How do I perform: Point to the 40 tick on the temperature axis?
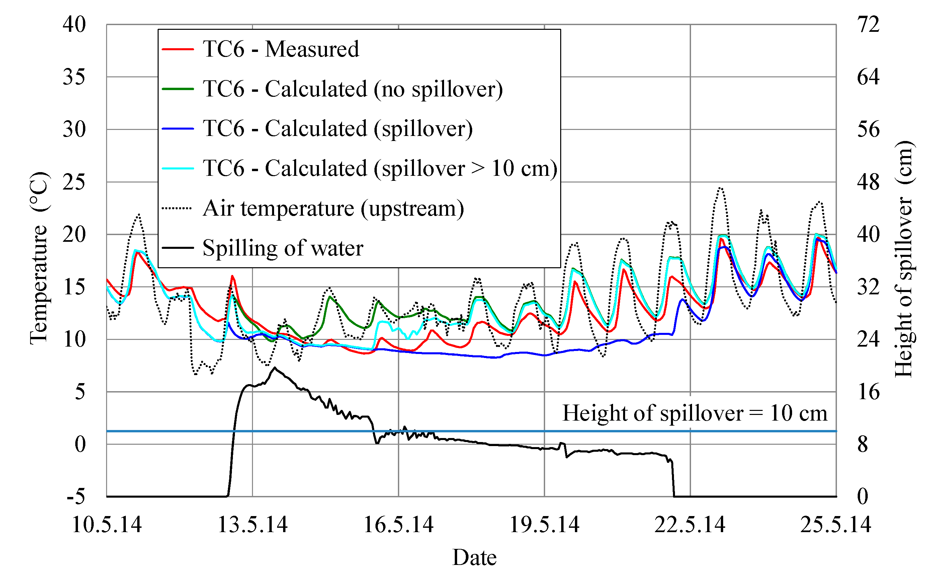(74, 24)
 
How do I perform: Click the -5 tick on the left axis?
(76, 496)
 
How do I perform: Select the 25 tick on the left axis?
(74, 182)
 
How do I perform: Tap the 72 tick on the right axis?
(868, 24)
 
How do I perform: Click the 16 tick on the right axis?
(868, 392)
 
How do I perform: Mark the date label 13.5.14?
(252, 524)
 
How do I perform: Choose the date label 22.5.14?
(690, 524)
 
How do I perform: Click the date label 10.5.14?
(107, 524)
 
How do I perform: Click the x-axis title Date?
(474, 557)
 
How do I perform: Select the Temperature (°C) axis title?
(39, 258)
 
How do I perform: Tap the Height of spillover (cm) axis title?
(904, 258)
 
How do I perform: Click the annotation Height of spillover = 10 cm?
(694, 413)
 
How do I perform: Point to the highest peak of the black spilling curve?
(274, 368)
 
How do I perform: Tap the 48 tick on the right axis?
(868, 182)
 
